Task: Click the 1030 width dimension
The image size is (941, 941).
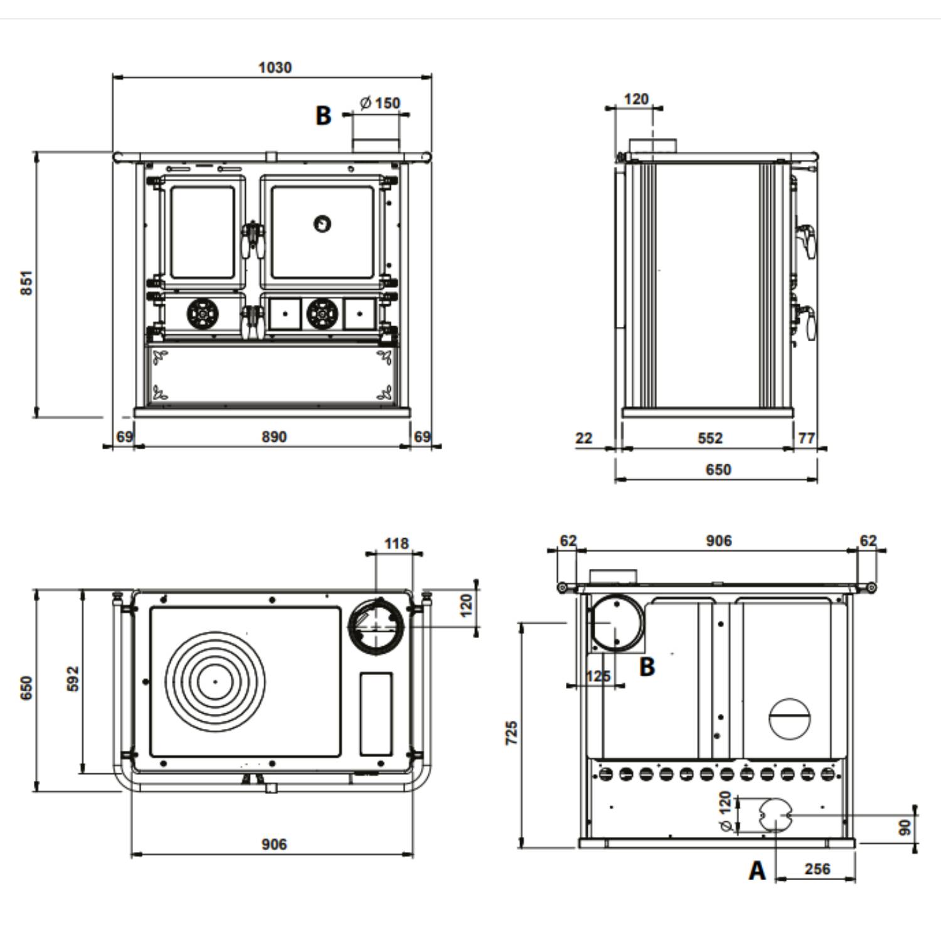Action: (x=275, y=67)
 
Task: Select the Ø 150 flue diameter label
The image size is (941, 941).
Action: (x=380, y=102)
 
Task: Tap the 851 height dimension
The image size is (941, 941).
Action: (x=26, y=283)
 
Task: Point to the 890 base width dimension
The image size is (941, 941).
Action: (x=274, y=437)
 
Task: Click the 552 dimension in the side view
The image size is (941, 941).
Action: (x=710, y=438)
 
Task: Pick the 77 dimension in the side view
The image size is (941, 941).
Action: (x=806, y=437)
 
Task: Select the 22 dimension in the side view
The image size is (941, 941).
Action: (x=583, y=438)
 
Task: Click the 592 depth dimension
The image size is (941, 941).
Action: (x=73, y=679)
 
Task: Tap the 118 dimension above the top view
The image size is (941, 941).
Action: (x=396, y=543)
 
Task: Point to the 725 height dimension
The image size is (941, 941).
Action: (x=512, y=733)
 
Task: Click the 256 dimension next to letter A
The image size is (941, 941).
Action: (x=817, y=869)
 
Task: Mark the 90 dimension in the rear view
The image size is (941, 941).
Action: (x=905, y=827)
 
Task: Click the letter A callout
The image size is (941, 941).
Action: (x=758, y=871)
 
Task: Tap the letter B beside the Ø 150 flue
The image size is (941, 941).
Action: (x=323, y=115)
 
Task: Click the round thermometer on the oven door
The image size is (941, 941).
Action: (x=322, y=223)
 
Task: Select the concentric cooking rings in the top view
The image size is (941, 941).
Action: (x=215, y=681)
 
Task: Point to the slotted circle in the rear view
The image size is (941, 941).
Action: (x=790, y=718)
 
